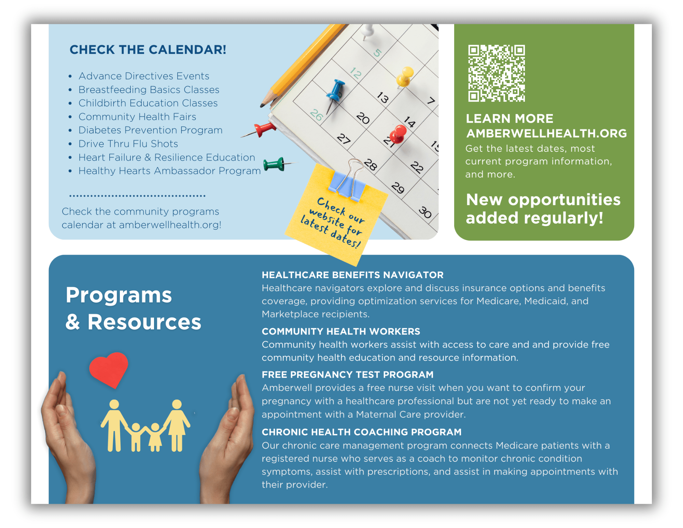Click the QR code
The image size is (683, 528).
tap(497, 73)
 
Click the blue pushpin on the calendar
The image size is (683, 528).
tap(334, 94)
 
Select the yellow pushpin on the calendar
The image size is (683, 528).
tap(405, 77)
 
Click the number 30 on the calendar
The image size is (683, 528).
tap(426, 212)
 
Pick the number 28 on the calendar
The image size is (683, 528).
tap(370, 164)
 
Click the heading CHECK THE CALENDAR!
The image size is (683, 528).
tap(148, 50)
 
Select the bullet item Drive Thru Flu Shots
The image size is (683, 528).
tap(128, 144)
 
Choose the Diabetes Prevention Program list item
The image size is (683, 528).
tap(151, 130)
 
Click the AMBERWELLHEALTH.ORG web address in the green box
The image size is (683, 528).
tap(547, 133)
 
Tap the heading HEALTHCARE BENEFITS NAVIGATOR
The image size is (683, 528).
tap(353, 275)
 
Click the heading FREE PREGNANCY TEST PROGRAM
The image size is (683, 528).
tap(348, 375)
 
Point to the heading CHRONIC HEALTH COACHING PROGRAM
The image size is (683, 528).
tap(362, 432)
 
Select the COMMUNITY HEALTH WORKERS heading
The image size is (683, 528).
tap(341, 331)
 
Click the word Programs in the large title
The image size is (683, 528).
tap(119, 296)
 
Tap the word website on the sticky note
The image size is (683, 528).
tap(327, 218)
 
